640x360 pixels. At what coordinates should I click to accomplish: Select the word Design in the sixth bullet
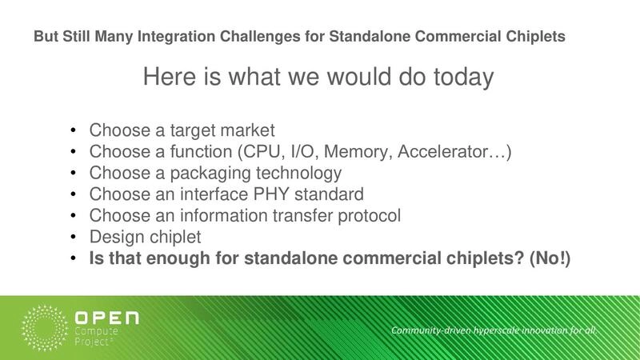click(114, 238)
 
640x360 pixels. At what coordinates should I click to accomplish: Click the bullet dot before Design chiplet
click(74, 238)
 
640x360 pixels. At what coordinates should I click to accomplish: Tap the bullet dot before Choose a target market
click(74, 130)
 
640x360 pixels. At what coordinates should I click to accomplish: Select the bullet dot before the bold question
click(74, 259)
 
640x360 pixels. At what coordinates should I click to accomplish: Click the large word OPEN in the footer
click(106, 318)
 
